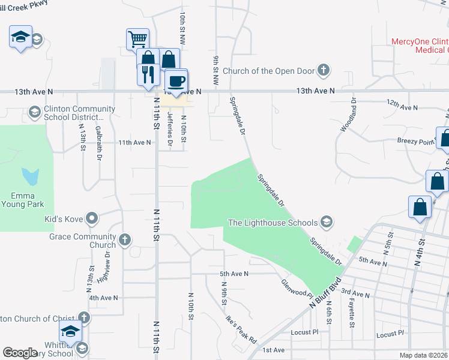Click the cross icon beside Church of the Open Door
pos(324,71)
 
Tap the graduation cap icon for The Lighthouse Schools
pos(327,223)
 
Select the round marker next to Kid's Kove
pos(92,218)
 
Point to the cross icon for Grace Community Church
pos(125,240)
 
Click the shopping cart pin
pos(137,40)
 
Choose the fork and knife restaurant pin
pos(148,74)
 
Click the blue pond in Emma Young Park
pos(30,176)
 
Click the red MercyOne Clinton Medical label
pos(419,46)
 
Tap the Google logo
pos(20,352)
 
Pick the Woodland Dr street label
pos(346,115)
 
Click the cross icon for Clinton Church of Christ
pos(85,318)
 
